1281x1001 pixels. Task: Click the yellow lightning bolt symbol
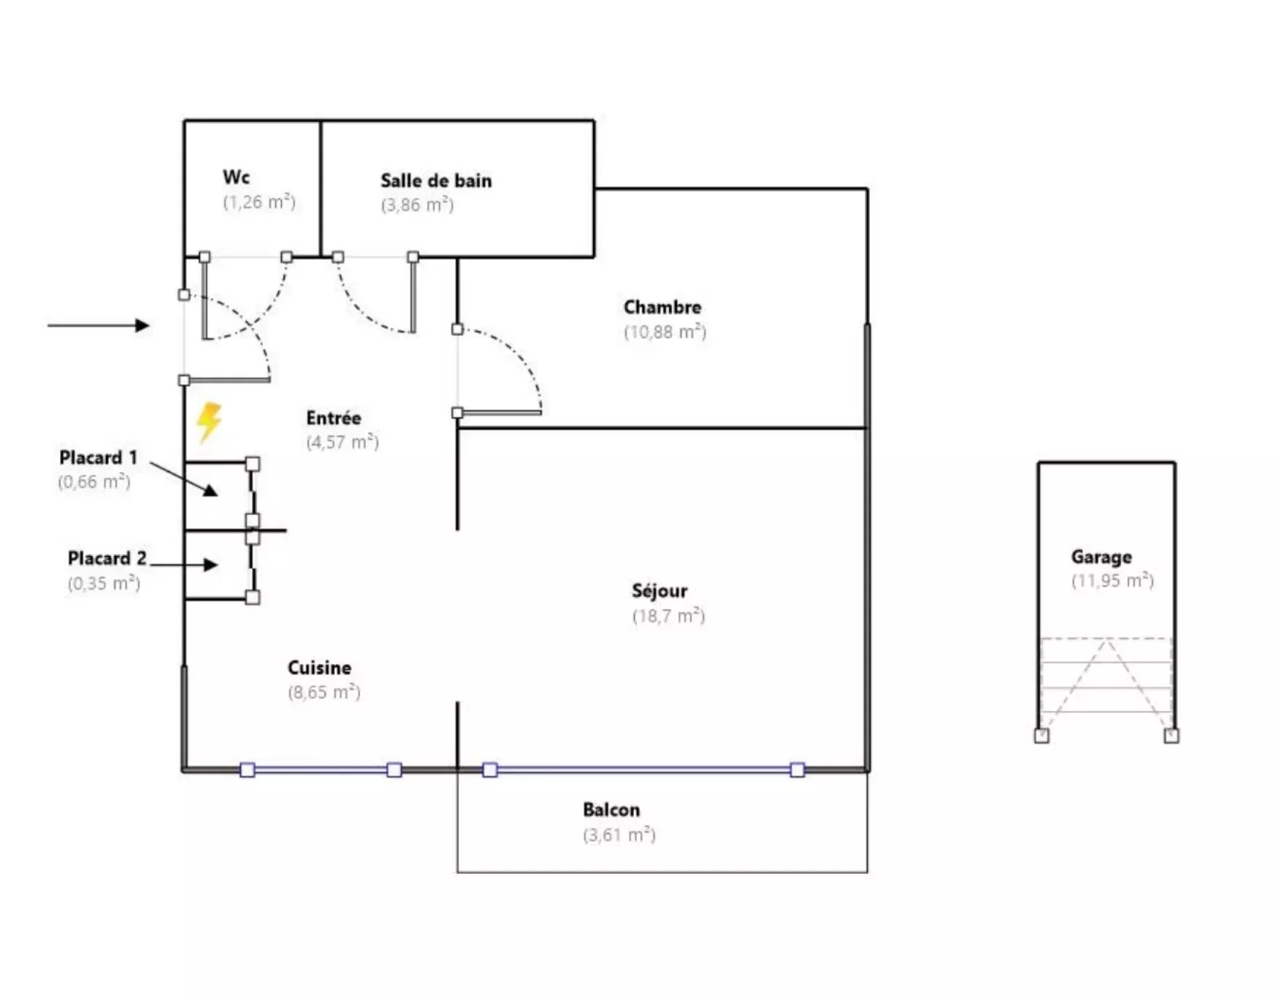[209, 422]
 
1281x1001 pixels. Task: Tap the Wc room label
[236, 177]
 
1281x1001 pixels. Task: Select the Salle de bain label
[436, 180]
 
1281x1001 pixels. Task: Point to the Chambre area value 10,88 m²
[665, 332]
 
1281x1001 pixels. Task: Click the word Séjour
[659, 590]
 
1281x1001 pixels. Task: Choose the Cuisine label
[319, 668]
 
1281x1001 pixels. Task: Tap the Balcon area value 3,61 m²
[619, 834]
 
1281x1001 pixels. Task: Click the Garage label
[1101, 557]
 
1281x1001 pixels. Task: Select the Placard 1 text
[98, 458]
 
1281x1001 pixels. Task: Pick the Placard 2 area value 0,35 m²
[104, 583]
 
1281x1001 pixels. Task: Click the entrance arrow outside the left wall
[99, 325]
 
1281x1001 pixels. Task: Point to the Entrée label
[334, 418]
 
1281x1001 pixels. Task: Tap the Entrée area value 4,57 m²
[343, 442]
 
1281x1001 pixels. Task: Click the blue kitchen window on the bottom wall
[321, 769]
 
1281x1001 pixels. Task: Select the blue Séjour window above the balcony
[643, 769]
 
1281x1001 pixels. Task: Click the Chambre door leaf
[500, 413]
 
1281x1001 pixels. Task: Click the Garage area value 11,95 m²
[1112, 581]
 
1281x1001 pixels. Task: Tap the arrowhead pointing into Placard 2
[211, 565]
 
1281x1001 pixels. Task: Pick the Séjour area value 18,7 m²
[668, 615]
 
